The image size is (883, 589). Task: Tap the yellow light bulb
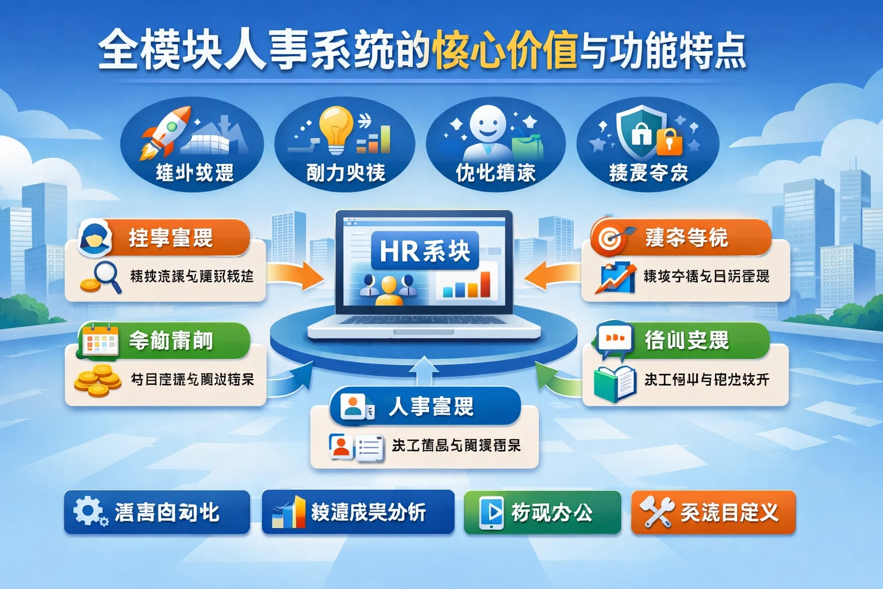click(336, 128)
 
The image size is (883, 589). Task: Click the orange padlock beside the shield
click(669, 141)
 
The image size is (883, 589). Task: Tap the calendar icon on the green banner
click(100, 340)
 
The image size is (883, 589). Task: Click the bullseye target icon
click(609, 237)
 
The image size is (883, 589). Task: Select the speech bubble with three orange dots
click(615, 338)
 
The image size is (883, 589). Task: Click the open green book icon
click(615, 383)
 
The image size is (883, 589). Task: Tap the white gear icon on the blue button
click(87, 511)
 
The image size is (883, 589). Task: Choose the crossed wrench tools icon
click(657, 511)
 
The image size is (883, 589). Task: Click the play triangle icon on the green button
click(492, 511)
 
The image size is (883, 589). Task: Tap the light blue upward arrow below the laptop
click(424, 370)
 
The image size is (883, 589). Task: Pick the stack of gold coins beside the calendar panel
click(98, 381)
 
